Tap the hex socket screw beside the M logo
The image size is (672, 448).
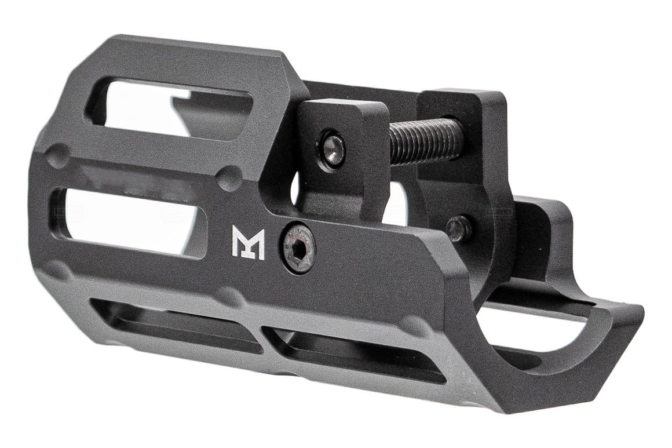tap(299, 248)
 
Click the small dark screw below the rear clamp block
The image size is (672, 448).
tap(459, 228)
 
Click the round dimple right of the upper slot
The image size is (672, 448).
tap(230, 179)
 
